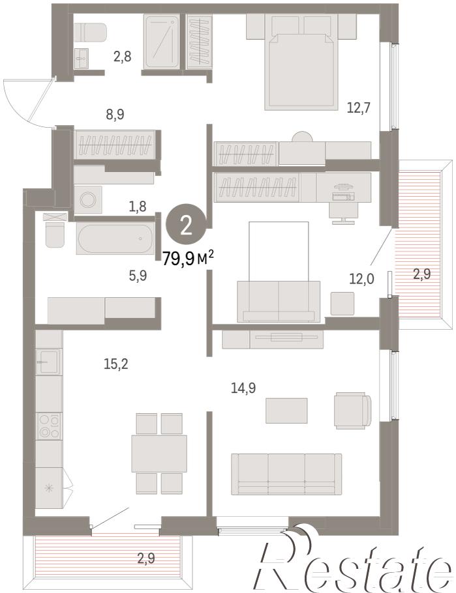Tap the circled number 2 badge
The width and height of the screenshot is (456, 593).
click(x=187, y=227)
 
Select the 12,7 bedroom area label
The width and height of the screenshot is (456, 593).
click(x=358, y=108)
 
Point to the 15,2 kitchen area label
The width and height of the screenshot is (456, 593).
click(x=116, y=364)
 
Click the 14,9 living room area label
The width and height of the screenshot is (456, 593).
click(x=243, y=388)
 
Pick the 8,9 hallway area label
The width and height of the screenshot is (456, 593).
click(x=115, y=114)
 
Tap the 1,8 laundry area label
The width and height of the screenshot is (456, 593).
click(x=138, y=207)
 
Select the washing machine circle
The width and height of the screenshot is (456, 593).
click(x=88, y=199)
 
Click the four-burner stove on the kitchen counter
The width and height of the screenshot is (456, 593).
click(x=49, y=426)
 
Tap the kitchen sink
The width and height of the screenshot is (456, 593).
click(x=49, y=362)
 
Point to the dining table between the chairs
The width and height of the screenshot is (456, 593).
click(x=159, y=454)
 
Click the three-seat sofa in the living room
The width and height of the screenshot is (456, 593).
click(x=286, y=474)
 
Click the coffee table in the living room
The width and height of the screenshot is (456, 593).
click(x=286, y=411)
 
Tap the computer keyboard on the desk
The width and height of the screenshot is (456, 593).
click(x=344, y=197)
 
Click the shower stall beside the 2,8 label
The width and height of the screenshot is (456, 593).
click(x=161, y=42)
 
